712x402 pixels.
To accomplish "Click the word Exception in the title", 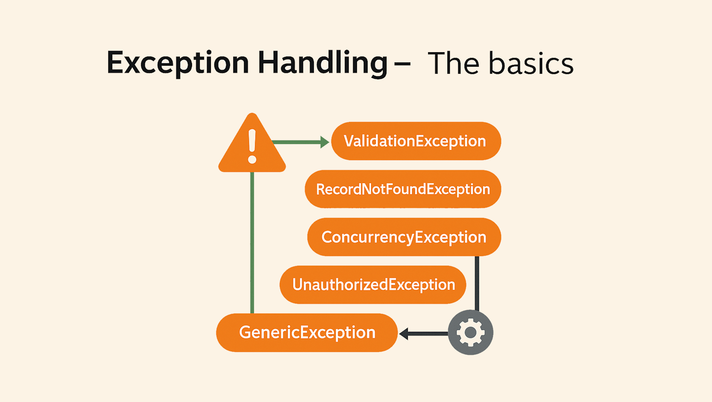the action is (x=178, y=63).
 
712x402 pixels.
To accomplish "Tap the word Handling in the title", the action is (x=323, y=63).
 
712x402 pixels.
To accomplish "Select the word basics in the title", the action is (x=531, y=63).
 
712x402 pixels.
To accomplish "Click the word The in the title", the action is (x=454, y=63).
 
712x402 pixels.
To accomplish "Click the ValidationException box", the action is (x=416, y=141).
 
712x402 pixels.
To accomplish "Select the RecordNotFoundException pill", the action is (x=403, y=189).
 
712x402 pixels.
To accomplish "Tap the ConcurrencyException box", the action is (x=404, y=237).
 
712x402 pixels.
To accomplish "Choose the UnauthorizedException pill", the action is (x=373, y=285).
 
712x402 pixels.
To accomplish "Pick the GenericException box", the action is (x=307, y=332).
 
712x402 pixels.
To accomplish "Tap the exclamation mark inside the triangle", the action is (x=252, y=146).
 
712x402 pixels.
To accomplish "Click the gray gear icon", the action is (x=471, y=332).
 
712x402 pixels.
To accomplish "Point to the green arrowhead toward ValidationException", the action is (x=325, y=142).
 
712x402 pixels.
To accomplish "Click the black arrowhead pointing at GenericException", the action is (x=404, y=334).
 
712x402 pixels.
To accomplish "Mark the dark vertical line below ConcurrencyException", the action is (x=477, y=283).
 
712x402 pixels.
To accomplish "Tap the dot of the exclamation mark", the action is (x=252, y=159).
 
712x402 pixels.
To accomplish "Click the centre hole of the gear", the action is (x=471, y=332).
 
